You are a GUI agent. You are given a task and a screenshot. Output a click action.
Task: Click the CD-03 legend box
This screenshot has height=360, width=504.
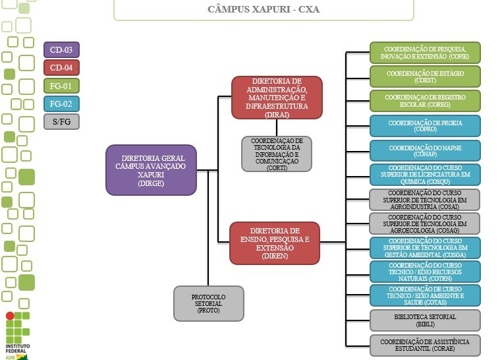(x=61, y=50)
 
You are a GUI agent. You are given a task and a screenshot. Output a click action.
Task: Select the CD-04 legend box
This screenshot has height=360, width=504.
(x=61, y=68)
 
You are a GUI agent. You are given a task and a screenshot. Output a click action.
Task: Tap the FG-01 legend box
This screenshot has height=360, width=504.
(x=61, y=86)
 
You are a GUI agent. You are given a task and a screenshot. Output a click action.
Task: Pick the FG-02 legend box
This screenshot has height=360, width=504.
(x=61, y=104)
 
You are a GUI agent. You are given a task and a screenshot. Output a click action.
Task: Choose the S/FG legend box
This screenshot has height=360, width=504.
(x=61, y=121)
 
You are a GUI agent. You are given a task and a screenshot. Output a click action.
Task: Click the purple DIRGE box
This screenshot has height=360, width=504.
(x=151, y=170)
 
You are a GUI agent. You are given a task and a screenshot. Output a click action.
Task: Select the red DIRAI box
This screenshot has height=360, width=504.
(x=277, y=97)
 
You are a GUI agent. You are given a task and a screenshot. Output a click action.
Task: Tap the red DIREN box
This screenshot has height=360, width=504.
(x=275, y=243)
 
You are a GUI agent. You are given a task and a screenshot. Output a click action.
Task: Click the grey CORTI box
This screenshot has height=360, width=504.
(x=277, y=154)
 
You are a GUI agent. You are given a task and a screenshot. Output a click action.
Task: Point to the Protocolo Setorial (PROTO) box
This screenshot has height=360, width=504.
(x=209, y=303)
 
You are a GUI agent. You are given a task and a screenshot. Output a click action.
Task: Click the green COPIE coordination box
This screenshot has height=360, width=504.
(x=425, y=53)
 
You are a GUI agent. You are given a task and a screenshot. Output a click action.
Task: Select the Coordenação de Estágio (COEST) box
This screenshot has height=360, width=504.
(x=425, y=76)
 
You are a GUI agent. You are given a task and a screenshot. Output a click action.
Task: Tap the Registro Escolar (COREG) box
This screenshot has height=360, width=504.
(x=425, y=101)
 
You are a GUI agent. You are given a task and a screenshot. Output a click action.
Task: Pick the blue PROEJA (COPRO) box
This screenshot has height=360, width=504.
(x=425, y=125)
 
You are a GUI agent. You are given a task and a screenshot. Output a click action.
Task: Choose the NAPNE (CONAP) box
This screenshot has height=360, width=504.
(x=425, y=150)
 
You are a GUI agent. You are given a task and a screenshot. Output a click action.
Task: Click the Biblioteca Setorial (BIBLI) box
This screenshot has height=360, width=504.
(x=425, y=320)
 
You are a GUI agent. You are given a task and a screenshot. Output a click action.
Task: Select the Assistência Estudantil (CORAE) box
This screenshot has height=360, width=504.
(x=425, y=345)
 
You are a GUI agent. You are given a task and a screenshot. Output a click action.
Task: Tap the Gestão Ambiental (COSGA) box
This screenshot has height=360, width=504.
(x=425, y=247)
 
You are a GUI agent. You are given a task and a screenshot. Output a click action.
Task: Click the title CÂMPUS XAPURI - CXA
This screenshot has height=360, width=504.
(x=264, y=10)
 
